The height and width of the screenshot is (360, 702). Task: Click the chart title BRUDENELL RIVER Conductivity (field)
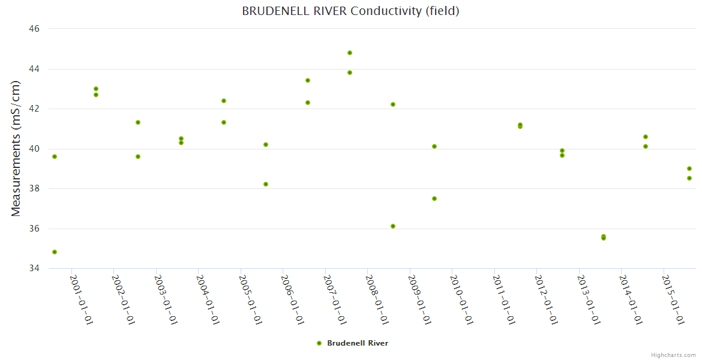coord(350,11)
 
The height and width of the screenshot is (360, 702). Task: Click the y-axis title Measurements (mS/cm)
coord(16,148)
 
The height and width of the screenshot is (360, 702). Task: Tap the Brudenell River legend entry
coord(353,343)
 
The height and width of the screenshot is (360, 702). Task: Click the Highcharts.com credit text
coord(673,355)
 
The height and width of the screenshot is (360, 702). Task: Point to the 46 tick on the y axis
coord(34,29)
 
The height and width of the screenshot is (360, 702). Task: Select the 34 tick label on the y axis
coord(34,268)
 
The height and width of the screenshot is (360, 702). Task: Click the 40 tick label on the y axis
coord(34,149)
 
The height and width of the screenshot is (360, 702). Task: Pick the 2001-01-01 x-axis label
coord(81,299)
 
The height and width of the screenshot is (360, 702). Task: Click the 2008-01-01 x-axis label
coord(377,299)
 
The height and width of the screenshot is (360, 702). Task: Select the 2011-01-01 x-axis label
coord(504,299)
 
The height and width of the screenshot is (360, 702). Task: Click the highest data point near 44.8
coord(350,53)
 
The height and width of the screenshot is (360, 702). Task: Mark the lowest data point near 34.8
coord(55,252)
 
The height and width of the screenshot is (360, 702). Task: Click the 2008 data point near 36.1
coord(393,226)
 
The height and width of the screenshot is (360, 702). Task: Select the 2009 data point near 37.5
coord(434,199)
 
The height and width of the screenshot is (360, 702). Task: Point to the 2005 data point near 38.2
coord(266,184)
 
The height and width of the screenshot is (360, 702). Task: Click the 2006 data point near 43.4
coord(308,80)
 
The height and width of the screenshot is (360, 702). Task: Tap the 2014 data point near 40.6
coord(646,137)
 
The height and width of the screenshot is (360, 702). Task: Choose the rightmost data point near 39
coord(689,169)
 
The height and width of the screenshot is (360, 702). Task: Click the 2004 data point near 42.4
coord(224,101)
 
